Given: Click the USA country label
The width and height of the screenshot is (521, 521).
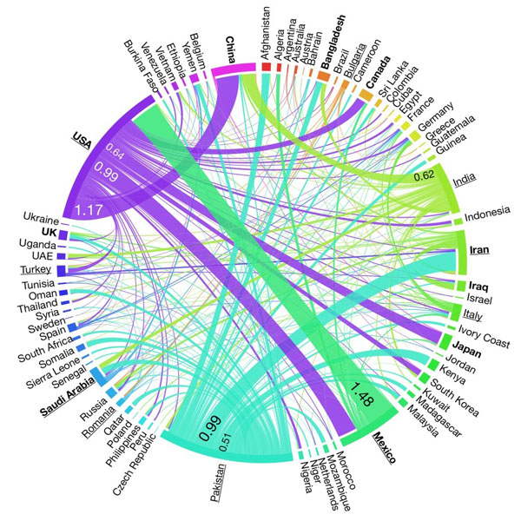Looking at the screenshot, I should coord(82,139).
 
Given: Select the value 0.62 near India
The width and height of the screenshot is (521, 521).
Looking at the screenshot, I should coord(424,175).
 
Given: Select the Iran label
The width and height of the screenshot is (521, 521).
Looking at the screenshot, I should coord(479,251).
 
